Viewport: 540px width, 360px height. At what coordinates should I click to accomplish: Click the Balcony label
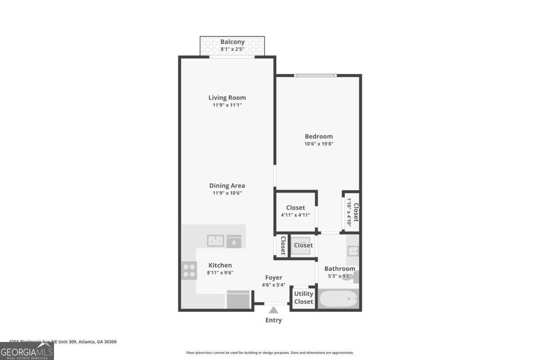click(x=232, y=42)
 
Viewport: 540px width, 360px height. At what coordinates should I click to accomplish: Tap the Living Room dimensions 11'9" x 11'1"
click(x=227, y=105)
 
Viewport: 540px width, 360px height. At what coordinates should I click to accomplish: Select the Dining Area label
click(x=227, y=185)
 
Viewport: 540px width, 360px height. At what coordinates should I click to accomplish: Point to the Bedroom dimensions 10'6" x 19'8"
click(x=319, y=144)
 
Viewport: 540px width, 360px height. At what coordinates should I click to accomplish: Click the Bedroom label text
click(x=319, y=136)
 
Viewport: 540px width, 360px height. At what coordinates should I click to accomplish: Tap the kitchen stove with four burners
click(x=189, y=270)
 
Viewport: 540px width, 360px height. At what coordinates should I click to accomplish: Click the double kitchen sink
click(x=216, y=241)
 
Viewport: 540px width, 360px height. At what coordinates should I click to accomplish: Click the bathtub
click(x=338, y=299)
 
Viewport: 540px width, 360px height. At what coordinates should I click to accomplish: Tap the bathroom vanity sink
click(x=353, y=250)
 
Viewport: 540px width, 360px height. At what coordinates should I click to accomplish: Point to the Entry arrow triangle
click(x=274, y=310)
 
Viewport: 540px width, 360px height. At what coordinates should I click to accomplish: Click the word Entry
click(x=274, y=320)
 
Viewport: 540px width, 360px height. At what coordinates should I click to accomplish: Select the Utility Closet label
click(x=303, y=297)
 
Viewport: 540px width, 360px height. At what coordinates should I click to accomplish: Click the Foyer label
click(x=273, y=278)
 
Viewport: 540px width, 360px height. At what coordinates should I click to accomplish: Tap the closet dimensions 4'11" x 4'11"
click(x=295, y=215)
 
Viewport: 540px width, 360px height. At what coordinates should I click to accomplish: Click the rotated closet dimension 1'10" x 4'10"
click(x=349, y=212)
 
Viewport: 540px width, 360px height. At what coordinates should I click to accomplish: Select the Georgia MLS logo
click(x=27, y=351)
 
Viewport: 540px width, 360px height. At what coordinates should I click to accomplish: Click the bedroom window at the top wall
click(x=315, y=75)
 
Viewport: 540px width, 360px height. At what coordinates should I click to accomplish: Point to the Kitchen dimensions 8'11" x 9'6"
click(x=220, y=272)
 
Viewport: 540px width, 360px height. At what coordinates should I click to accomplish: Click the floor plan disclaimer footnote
click(x=270, y=353)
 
